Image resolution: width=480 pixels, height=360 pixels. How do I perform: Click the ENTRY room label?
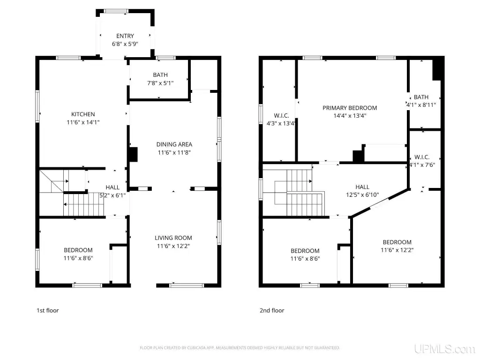pos(125,36)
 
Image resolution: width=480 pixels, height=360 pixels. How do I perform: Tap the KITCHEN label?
pos(83,114)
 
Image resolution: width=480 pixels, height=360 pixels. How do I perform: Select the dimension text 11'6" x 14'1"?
pos(83,122)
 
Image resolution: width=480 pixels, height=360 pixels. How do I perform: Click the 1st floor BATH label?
pos(160,75)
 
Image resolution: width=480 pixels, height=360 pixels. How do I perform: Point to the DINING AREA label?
pos(174,144)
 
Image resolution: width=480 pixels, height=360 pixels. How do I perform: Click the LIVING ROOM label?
pos(173,238)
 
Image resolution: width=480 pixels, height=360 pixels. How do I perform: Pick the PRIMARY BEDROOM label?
pos(350,108)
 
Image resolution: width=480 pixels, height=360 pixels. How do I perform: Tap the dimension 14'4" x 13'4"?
pos(350,116)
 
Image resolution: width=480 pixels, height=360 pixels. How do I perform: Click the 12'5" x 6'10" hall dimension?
pos(362,195)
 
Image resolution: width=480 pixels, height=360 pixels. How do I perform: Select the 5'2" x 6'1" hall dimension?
pos(112,195)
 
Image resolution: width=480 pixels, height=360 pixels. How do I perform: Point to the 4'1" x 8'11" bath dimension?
pos(421,105)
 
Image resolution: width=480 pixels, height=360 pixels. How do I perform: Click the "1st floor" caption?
pos(47,310)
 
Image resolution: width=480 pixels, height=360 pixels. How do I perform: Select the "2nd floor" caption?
pos(272,310)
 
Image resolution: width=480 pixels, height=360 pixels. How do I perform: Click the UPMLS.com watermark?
pos(444,349)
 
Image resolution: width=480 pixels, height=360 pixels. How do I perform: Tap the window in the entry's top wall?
pos(116,11)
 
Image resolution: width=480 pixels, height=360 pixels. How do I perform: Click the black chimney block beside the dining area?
pos(134,155)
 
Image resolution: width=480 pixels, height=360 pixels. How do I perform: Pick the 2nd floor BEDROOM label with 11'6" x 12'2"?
pos(397,242)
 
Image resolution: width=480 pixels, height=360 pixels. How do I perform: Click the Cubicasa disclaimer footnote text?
pos(240,348)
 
